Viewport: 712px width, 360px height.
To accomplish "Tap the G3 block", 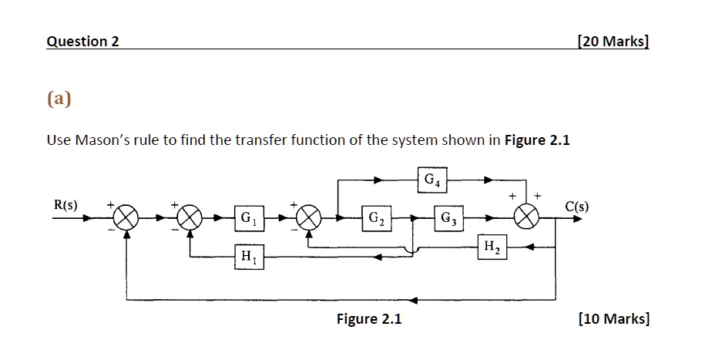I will pyautogui.click(x=448, y=218).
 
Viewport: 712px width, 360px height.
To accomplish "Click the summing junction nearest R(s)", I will pyautogui.click(x=127, y=218).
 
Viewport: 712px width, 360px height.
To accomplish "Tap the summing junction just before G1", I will pyautogui.click(x=190, y=218).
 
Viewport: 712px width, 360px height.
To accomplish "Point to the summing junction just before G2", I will pyautogui.click(x=308, y=218).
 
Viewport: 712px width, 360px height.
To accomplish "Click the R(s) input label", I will pyautogui.click(x=65, y=205).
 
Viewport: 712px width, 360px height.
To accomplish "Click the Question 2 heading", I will pyautogui.click(x=82, y=42).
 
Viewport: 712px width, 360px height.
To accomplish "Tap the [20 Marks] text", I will pyautogui.click(x=613, y=42).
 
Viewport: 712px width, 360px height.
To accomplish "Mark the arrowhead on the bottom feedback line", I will pyautogui.click(x=415, y=299).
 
